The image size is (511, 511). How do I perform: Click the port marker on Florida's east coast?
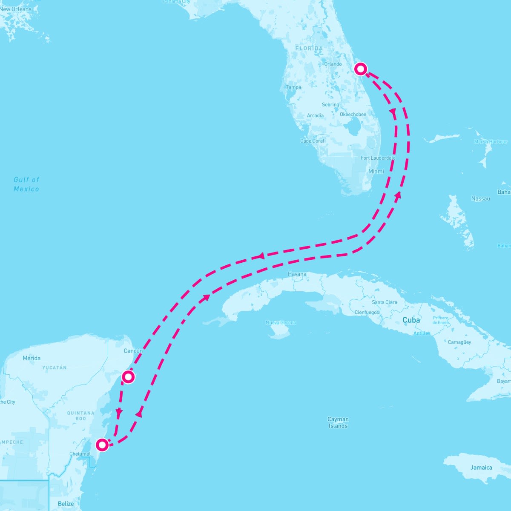click(x=361, y=69)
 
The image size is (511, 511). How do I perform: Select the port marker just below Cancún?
click(x=128, y=377)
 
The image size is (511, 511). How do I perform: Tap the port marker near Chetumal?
click(x=102, y=445)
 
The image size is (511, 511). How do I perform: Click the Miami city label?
click(x=376, y=171)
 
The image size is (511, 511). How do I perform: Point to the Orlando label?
click(x=333, y=64)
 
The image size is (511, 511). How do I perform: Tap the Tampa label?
click(x=293, y=87)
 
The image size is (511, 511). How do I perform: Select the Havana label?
click(x=297, y=274)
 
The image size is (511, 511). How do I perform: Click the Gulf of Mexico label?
click(x=26, y=184)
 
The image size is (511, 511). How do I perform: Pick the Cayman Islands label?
click(x=338, y=422)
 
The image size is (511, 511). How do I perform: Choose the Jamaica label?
click(x=481, y=468)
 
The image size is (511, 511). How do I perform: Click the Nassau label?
click(x=480, y=198)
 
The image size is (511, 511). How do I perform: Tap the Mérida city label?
click(x=32, y=358)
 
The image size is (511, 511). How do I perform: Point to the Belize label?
click(x=66, y=504)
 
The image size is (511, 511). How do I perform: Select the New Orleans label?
click(x=16, y=9)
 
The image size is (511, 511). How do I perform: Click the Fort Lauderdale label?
click(x=378, y=158)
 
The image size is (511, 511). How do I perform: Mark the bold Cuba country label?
click(x=411, y=320)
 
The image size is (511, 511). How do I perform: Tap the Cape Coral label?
click(x=312, y=141)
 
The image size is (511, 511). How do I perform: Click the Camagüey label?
click(x=459, y=342)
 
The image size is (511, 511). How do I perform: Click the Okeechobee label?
click(x=353, y=115)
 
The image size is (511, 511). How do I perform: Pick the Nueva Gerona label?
click(x=281, y=323)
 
